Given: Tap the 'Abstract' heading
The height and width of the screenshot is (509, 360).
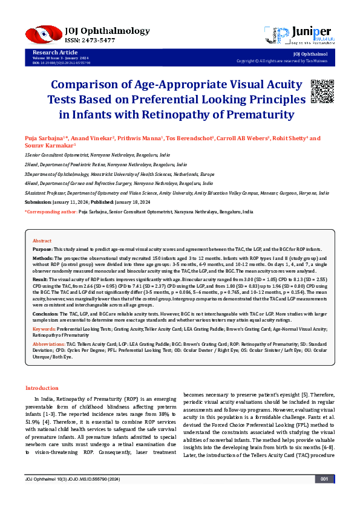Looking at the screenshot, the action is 42,241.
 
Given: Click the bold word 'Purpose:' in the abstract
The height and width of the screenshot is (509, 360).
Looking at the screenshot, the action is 42,249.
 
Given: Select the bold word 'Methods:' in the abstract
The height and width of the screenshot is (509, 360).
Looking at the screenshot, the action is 43,258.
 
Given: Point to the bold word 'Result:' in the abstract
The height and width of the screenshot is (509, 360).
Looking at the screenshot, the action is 41,280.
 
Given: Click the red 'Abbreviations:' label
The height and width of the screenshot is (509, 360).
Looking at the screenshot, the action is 48,343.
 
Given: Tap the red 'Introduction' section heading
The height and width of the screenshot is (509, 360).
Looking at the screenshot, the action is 42,387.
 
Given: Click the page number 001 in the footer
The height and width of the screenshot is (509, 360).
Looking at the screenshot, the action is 324,496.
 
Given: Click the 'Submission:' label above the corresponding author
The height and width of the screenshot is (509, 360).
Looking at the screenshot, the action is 38,201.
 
